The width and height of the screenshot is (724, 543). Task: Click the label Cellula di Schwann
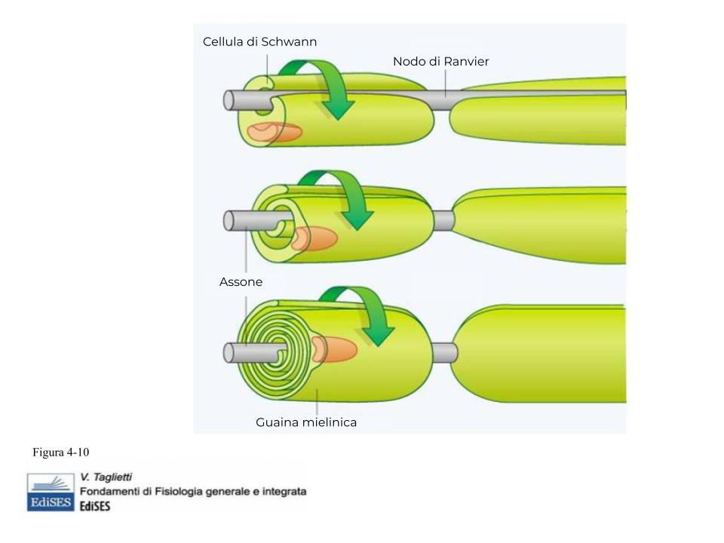pos(259,41)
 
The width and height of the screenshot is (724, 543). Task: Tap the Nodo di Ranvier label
pos(440,61)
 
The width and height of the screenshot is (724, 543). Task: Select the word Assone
pos(241,281)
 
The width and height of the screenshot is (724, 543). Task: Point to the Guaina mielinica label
pos(306,422)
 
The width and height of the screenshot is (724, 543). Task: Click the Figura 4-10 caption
pos(60,452)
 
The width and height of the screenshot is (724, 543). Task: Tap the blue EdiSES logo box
pos(51,492)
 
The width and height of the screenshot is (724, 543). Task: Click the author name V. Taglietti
pos(106,477)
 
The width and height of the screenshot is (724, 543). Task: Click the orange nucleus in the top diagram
pos(275,132)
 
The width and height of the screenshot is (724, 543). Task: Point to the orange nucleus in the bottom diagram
pos(334,349)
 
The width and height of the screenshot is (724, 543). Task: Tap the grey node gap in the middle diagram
pos(444,221)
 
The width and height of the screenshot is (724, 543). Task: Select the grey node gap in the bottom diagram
pos(445,353)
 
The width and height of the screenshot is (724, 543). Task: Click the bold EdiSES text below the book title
pos(95,506)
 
